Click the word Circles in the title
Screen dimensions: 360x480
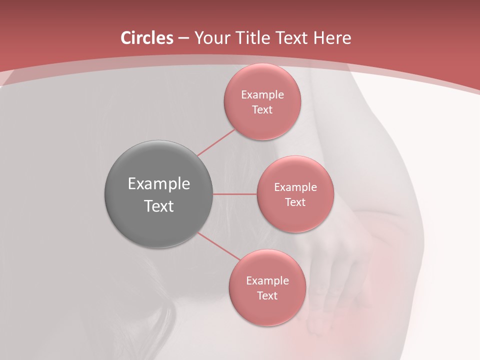pos(146,38)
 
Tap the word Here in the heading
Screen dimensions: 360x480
pos(332,38)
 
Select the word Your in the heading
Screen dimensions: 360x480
pos(212,38)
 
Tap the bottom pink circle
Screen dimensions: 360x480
pos(267,312)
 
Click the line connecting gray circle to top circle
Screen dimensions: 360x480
pos(216,142)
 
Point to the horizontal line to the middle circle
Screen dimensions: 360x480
pos(235,194)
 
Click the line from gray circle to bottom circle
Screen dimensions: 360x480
pos(219,246)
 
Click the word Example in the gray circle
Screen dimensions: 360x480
pos(159,184)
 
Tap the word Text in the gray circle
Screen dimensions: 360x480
pos(159,206)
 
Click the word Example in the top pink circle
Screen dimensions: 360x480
pos(262,95)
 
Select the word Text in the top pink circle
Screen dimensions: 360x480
pos(262,110)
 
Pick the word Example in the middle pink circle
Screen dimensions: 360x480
pos(295,187)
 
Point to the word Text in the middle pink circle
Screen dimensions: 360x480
pos(295,202)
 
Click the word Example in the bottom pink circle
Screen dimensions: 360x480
pos(267,281)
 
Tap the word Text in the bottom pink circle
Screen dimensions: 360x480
pos(267,296)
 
